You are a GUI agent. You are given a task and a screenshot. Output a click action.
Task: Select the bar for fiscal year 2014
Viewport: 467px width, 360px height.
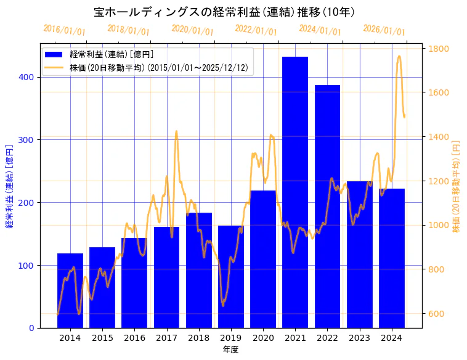click(70, 290)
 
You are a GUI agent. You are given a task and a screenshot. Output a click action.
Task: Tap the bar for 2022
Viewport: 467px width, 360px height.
click(327, 207)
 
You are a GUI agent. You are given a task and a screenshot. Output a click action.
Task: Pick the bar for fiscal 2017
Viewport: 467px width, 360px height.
click(166, 277)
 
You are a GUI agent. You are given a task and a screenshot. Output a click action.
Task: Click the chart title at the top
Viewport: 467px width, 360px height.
click(224, 12)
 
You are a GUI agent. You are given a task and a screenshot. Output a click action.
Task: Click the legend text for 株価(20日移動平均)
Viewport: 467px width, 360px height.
click(159, 68)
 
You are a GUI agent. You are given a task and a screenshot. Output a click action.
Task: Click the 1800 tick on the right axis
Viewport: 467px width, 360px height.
click(439, 49)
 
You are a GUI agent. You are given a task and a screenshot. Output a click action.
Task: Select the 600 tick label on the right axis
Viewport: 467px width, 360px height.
click(436, 314)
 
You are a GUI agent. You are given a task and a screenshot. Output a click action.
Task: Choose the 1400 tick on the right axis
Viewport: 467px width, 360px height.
click(439, 137)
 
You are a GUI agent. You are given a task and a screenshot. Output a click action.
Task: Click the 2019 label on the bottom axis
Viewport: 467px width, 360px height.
click(230, 338)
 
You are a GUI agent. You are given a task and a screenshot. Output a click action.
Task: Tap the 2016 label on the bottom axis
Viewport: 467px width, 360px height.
click(134, 338)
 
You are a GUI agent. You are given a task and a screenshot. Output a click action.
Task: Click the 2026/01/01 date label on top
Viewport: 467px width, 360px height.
click(384, 30)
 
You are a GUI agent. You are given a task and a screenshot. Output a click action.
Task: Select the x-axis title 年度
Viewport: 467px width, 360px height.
click(230, 350)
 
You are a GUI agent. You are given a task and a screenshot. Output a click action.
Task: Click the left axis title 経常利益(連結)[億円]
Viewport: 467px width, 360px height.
click(9, 186)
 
